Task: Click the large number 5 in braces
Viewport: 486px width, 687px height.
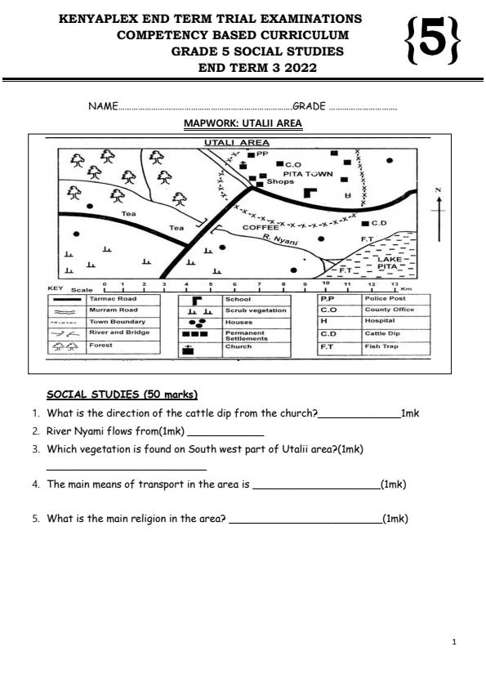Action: click(x=432, y=42)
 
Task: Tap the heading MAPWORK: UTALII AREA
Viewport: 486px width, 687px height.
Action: click(x=243, y=124)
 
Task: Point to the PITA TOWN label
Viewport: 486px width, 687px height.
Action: click(x=307, y=174)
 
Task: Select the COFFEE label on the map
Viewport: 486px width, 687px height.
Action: click(x=261, y=228)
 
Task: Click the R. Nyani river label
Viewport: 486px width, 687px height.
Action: click(x=280, y=239)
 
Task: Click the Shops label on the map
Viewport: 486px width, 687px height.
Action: click(x=279, y=182)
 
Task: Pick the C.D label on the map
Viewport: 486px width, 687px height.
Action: click(x=377, y=222)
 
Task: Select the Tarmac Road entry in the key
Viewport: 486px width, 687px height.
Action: click(x=113, y=299)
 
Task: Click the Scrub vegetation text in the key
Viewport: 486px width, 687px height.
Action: click(x=256, y=310)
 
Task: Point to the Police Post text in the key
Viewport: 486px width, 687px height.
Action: click(x=385, y=299)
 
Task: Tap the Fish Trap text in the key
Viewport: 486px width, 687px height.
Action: click(x=380, y=346)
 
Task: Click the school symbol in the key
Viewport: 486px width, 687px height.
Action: click(x=196, y=300)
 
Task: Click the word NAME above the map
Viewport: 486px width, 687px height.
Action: click(x=103, y=106)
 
